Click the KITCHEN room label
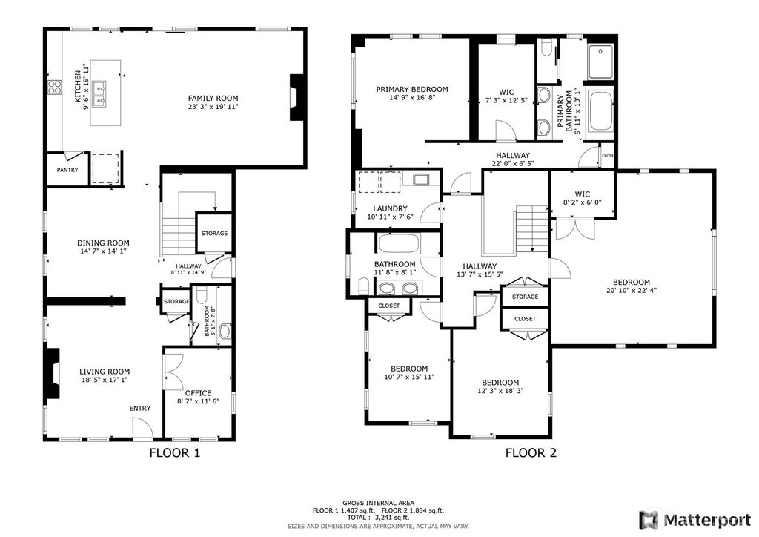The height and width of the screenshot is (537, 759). tap(77, 87)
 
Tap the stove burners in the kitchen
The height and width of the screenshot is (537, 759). tap(55, 87)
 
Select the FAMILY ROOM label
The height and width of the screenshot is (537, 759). tap(213, 99)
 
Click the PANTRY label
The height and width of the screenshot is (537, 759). tap(67, 170)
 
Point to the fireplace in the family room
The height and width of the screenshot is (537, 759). tap(295, 97)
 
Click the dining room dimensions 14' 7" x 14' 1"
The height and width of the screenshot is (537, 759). tap(104, 251)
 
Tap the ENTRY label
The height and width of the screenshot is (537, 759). tap(140, 408)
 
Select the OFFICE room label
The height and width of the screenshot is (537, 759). tap(199, 392)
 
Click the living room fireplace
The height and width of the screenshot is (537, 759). tap(53, 373)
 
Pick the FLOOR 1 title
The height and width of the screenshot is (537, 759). tap(174, 453)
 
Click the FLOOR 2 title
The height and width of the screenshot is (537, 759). tap(531, 453)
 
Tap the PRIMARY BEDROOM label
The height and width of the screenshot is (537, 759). tap(412, 89)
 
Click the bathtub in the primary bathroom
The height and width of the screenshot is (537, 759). tap(600, 114)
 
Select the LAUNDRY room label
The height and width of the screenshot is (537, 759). tap(390, 208)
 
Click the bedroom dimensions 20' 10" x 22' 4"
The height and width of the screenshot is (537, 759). tap(632, 291)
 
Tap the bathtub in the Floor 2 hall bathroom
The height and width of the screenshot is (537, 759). tap(397, 243)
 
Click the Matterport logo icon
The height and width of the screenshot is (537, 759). tap(649, 519)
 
